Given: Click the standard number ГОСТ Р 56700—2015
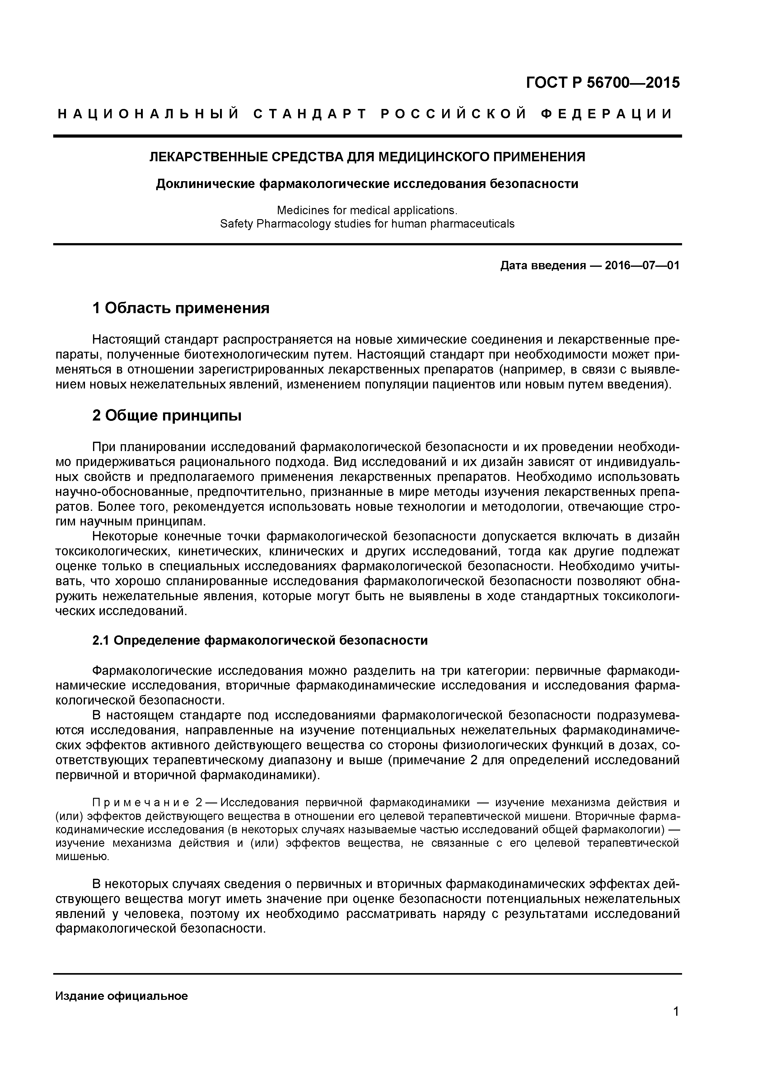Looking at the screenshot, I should (603, 83).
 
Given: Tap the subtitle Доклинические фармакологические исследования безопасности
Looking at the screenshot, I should (367, 184).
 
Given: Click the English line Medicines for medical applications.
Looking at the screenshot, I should (367, 210).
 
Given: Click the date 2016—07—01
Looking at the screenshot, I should (642, 266).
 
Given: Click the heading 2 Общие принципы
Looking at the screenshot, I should (167, 415).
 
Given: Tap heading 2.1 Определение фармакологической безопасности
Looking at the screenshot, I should (260, 641).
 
